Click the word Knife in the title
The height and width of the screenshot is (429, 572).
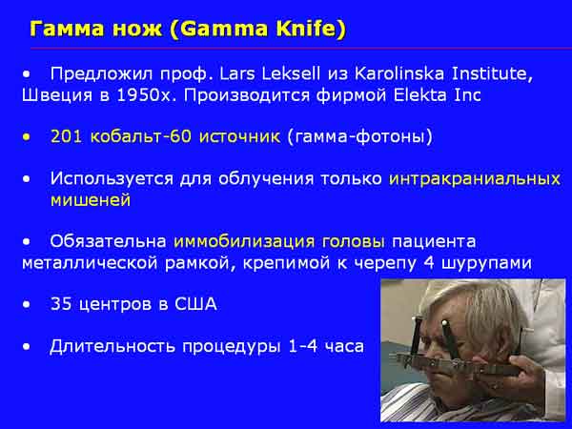(x=310, y=29)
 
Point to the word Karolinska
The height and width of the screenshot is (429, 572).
(x=399, y=73)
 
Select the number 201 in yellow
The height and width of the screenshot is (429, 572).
(x=66, y=136)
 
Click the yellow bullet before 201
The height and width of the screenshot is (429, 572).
(x=27, y=137)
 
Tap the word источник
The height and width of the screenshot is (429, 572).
(x=239, y=136)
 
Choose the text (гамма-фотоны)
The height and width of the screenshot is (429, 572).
(x=360, y=136)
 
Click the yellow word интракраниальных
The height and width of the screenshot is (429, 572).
(x=475, y=179)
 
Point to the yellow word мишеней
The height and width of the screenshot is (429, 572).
(x=91, y=200)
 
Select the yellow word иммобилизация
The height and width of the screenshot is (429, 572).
(x=244, y=241)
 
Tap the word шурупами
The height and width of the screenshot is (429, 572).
(x=486, y=263)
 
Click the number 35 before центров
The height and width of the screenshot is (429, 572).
(x=61, y=304)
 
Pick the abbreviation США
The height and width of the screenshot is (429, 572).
(x=195, y=304)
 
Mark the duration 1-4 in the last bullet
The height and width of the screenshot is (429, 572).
(x=303, y=346)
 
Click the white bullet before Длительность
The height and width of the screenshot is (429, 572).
(x=27, y=347)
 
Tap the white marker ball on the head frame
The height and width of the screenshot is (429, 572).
(x=444, y=323)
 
